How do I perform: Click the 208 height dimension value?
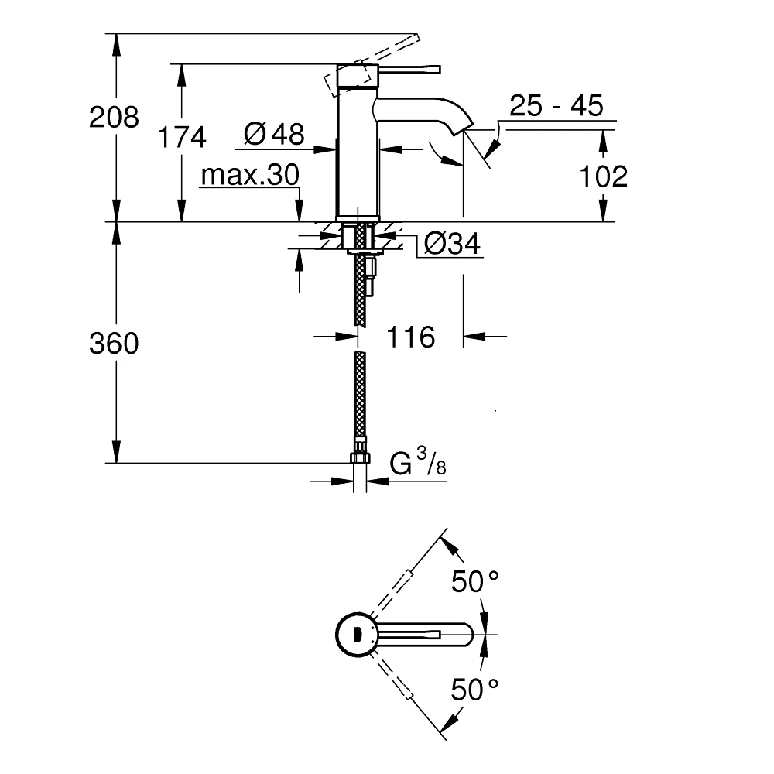coord(115,118)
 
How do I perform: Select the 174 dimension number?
coord(183,138)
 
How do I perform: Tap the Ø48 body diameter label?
coord(274,135)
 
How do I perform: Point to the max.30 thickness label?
coord(249,176)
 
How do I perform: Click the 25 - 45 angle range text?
coord(556,105)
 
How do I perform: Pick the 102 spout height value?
coord(604,176)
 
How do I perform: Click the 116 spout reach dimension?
coord(410,337)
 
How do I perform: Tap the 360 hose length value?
coord(115,343)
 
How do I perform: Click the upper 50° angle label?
coord(475,581)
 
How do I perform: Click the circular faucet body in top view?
coord(357,634)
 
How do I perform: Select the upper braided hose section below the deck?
coord(359,294)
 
